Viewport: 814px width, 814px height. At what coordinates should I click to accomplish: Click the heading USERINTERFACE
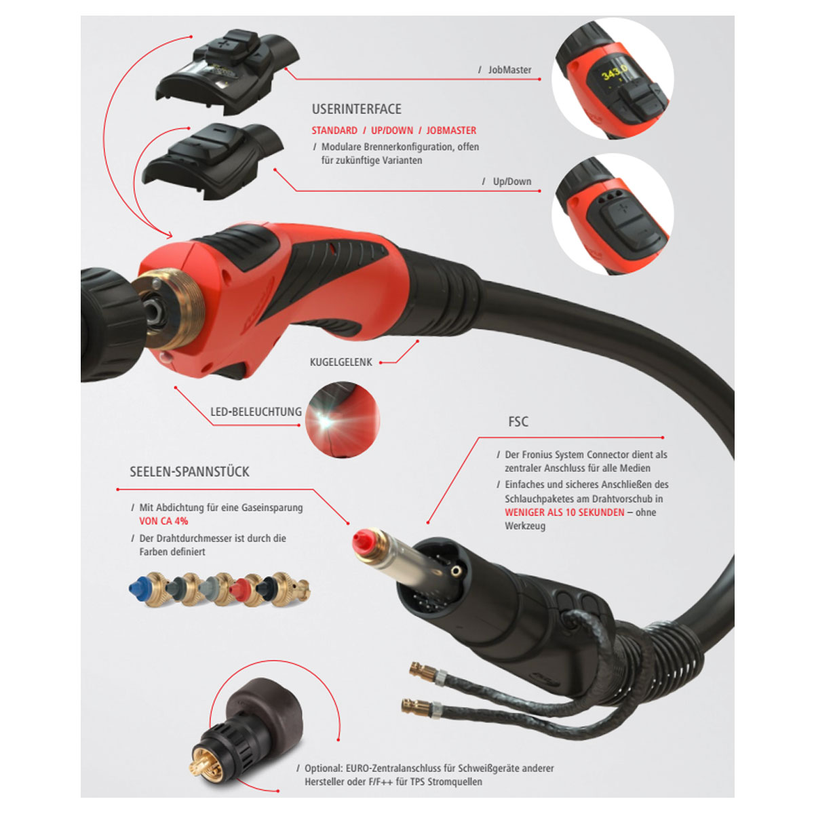[x=357, y=109]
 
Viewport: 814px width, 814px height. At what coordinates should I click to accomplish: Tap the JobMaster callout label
[x=509, y=70]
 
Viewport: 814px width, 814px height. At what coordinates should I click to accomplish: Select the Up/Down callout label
[x=512, y=181]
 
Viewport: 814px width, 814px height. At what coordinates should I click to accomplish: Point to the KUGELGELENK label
[x=341, y=362]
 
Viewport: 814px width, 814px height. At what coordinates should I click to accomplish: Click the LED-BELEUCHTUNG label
[x=256, y=412]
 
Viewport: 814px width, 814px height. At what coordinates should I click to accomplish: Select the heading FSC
[x=518, y=421]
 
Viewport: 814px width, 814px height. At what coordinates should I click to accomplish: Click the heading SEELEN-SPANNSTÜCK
[x=189, y=471]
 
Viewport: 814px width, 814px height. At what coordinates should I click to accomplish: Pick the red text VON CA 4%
[x=163, y=521]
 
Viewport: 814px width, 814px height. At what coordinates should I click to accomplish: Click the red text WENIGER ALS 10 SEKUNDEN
[x=564, y=512]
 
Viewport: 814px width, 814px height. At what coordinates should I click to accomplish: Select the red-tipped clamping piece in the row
[x=246, y=587]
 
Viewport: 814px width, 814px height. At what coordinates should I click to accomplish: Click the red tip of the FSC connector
[x=361, y=540]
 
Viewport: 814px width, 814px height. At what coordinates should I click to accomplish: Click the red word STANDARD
[x=334, y=130]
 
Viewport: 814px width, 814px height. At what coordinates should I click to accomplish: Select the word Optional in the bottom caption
[x=323, y=768]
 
